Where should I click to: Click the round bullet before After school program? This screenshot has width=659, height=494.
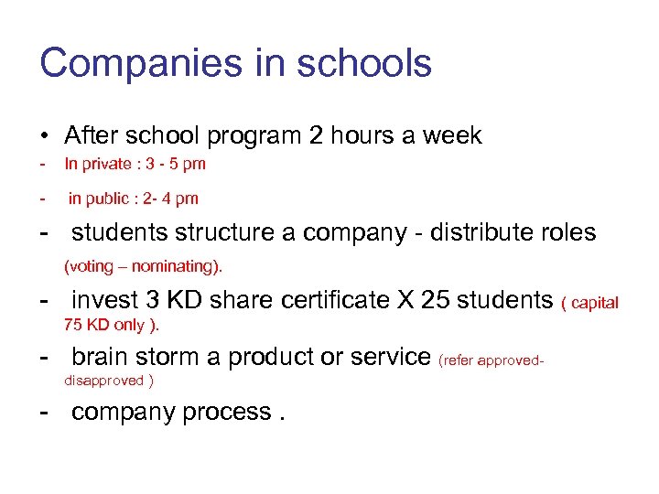[x=44, y=136]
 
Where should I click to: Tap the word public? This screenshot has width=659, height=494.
[x=110, y=199]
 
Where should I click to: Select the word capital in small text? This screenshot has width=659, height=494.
[x=595, y=303]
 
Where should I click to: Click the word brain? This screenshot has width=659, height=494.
[x=100, y=356]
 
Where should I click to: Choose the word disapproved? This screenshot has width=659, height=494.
[x=104, y=381]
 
